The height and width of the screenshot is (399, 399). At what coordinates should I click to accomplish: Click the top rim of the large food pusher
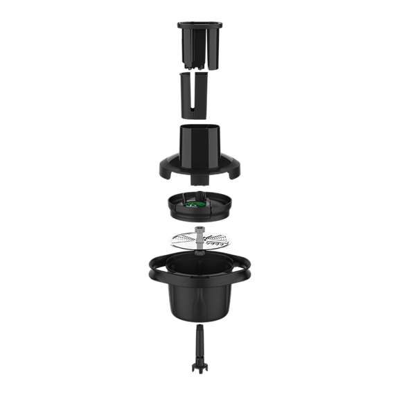click(199, 26)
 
